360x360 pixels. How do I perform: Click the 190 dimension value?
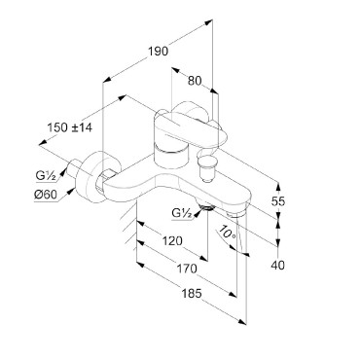(x=159, y=52)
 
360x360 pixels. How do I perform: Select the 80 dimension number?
(x=195, y=81)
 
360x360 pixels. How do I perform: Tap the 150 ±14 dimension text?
(x=70, y=127)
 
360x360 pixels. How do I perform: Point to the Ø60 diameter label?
(x=46, y=195)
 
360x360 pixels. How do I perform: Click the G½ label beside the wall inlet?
(x=46, y=176)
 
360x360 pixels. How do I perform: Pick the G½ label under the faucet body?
(x=182, y=213)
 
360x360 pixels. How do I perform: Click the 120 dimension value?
(x=172, y=241)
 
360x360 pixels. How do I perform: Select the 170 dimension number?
(x=187, y=269)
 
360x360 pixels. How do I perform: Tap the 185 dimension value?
(x=192, y=294)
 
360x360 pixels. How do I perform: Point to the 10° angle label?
(x=226, y=233)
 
